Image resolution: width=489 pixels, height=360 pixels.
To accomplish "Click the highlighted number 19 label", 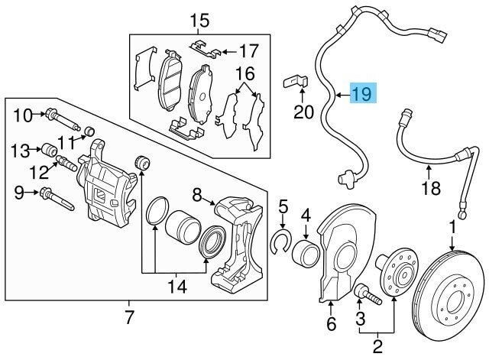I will tap(361, 94).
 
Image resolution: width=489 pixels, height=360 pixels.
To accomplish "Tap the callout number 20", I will tap(304, 112).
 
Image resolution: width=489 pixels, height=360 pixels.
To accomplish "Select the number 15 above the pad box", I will tap(199, 20).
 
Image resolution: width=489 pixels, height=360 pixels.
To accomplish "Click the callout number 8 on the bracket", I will tap(196, 196).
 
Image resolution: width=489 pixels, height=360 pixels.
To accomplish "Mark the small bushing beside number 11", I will tap(88, 128).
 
